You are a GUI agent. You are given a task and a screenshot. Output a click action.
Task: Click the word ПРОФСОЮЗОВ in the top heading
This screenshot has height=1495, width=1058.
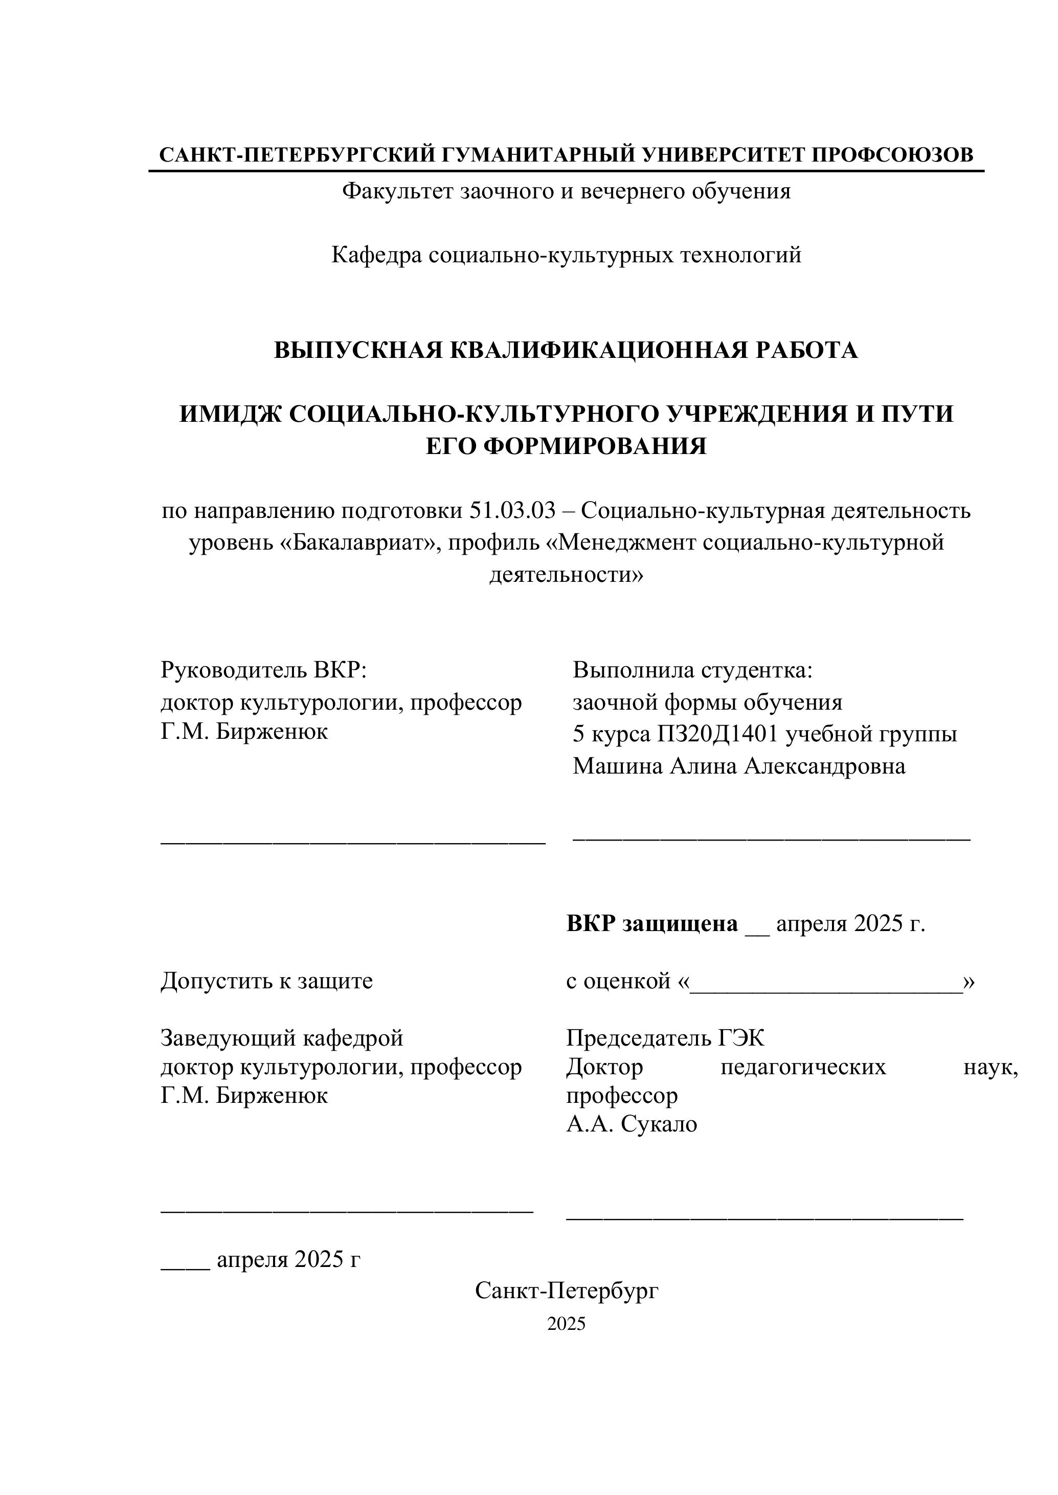tap(892, 155)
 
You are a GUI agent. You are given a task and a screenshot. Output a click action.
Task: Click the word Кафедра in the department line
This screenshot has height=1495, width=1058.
tap(376, 255)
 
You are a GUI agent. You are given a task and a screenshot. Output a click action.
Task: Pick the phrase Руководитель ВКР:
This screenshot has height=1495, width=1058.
tap(264, 670)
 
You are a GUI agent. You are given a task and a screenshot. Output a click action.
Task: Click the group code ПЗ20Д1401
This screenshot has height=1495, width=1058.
tap(717, 734)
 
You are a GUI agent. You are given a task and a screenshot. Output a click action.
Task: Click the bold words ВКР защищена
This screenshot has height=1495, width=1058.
tap(652, 924)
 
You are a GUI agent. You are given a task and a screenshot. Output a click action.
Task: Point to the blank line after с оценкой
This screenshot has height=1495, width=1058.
tap(826, 982)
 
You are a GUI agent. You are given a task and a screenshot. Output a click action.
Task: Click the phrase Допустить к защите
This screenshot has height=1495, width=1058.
tap(266, 981)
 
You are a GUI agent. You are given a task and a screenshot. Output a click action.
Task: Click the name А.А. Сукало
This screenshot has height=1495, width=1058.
tap(632, 1124)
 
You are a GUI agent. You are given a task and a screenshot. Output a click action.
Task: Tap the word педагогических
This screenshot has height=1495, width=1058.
tap(803, 1067)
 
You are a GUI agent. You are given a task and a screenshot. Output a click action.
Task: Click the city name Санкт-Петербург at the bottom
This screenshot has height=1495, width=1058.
tap(567, 1290)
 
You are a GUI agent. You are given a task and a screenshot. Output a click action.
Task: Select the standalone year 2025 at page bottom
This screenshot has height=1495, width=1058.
tap(566, 1324)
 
